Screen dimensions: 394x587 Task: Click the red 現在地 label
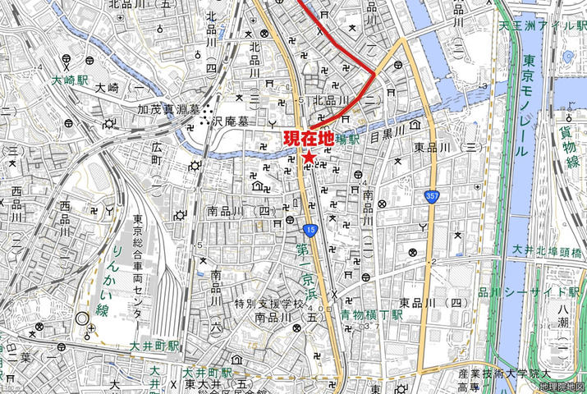pyautogui.click(x=308, y=138)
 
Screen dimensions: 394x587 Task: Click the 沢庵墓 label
pyautogui.click(x=228, y=121)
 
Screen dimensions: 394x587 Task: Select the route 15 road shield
pyautogui.click(x=310, y=230)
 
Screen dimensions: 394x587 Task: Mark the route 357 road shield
pyautogui.click(x=432, y=195)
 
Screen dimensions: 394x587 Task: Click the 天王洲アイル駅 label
pyautogui.click(x=543, y=26)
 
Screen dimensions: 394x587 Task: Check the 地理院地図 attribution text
pyautogui.click(x=562, y=387)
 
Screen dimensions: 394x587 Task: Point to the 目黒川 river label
pyautogui.click(x=388, y=131)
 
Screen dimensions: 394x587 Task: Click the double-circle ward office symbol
pyautogui.click(x=80, y=318)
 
